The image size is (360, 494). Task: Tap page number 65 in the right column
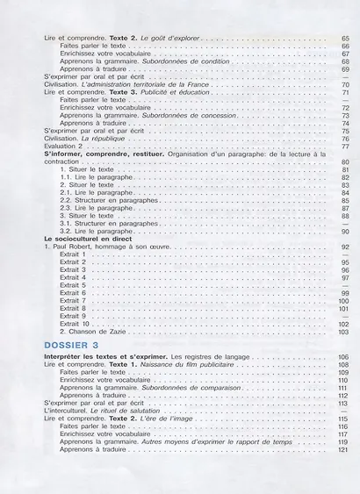click(344, 39)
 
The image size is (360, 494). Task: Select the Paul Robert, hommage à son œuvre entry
click(105, 247)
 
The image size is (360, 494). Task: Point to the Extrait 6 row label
click(73, 293)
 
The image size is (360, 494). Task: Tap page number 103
click(343, 332)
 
